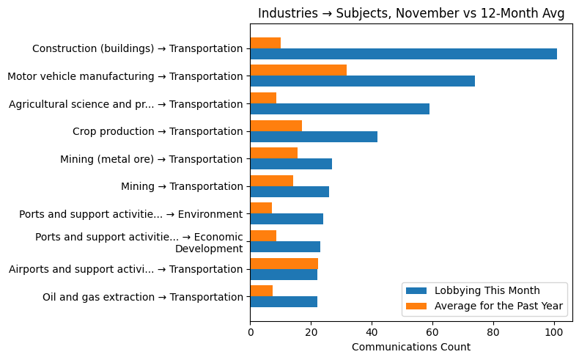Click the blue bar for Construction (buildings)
click(x=403, y=54)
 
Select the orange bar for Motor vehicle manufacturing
click(x=298, y=70)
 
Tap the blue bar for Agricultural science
click(x=339, y=109)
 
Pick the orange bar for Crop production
click(x=276, y=125)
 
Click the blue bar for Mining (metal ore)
click(x=291, y=164)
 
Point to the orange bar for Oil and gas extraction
click(x=261, y=291)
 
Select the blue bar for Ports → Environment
click(x=287, y=218)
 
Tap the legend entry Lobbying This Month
click(x=487, y=290)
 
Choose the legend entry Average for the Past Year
click(x=498, y=305)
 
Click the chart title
click(x=411, y=14)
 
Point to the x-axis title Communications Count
click(x=411, y=347)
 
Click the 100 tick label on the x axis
click(x=554, y=332)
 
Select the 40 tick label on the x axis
click(x=372, y=332)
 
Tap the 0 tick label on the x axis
click(x=250, y=332)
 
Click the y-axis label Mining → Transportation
click(x=182, y=186)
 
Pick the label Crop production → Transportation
click(x=158, y=131)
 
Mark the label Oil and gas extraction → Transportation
click(x=142, y=297)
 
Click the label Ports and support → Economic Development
click(x=139, y=243)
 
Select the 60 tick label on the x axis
click(x=432, y=332)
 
